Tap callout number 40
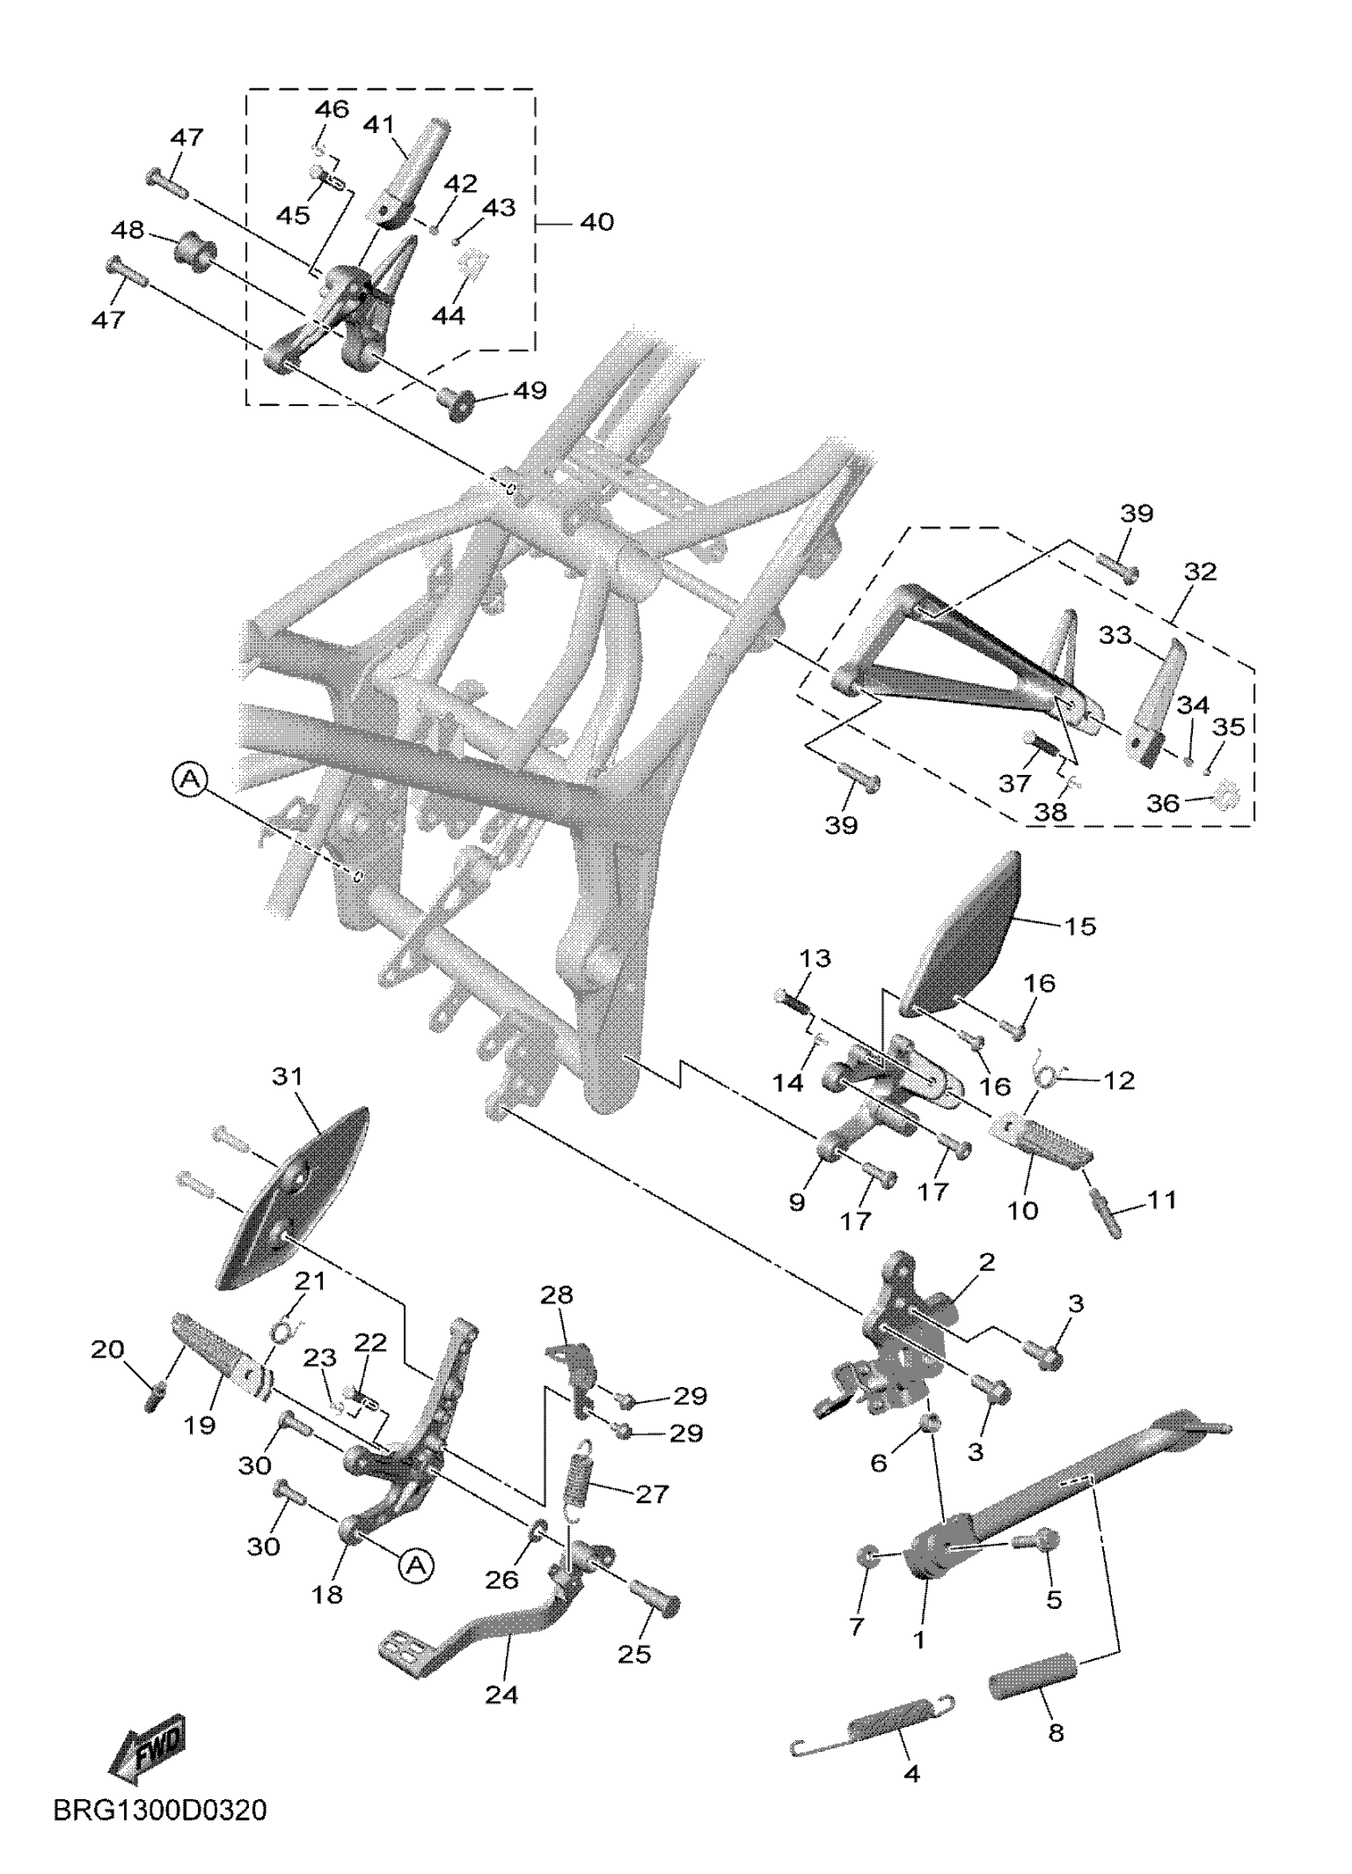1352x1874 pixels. [x=596, y=222]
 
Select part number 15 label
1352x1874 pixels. [x=1079, y=926]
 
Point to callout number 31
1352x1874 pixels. [x=287, y=1077]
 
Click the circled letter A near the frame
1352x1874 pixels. [x=191, y=779]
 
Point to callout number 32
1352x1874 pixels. [x=1200, y=572]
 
